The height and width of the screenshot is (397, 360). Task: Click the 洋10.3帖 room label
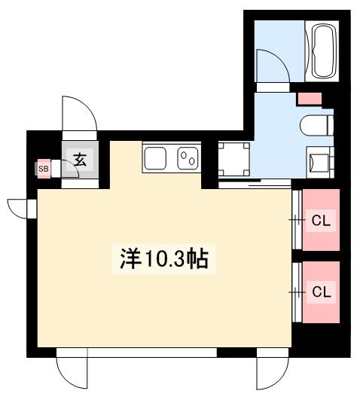click(164, 258)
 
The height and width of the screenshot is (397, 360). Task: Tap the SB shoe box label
click(44, 169)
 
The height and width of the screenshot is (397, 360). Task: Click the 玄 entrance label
click(80, 160)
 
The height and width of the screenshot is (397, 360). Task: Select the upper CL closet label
click(321, 221)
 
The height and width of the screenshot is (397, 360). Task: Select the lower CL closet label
click(322, 292)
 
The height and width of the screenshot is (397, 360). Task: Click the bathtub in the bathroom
click(324, 51)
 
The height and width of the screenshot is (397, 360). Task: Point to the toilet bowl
click(316, 125)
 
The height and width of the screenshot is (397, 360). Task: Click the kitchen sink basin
click(155, 158)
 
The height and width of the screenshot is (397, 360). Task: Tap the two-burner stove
click(188, 158)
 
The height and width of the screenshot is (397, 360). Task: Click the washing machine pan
click(234, 160)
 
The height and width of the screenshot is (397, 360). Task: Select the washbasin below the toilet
click(320, 162)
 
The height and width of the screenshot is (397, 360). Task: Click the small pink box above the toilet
click(310, 99)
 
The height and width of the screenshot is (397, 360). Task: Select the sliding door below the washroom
click(255, 184)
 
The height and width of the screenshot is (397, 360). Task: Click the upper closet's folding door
click(297, 220)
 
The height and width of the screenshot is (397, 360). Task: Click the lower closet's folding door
click(297, 292)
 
